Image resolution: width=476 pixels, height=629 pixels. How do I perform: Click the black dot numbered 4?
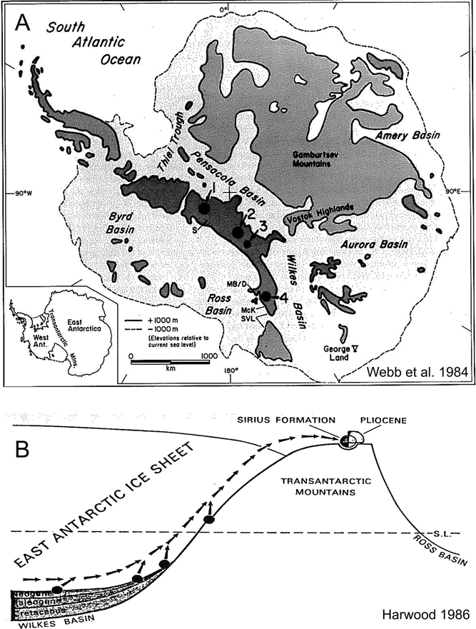pos(265,296)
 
